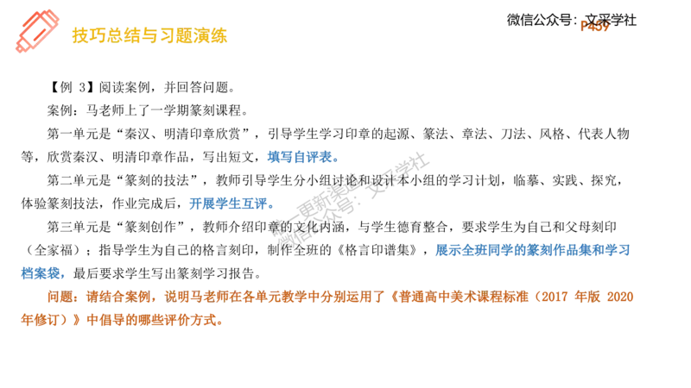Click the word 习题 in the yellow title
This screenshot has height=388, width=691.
tap(169, 35)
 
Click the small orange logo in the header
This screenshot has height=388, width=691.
tap(594, 25)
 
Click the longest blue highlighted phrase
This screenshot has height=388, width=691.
tap(535, 250)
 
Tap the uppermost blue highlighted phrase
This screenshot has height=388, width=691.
tap(301, 158)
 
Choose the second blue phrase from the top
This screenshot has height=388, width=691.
tap(231, 204)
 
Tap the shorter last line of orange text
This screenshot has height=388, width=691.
tap(122, 320)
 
